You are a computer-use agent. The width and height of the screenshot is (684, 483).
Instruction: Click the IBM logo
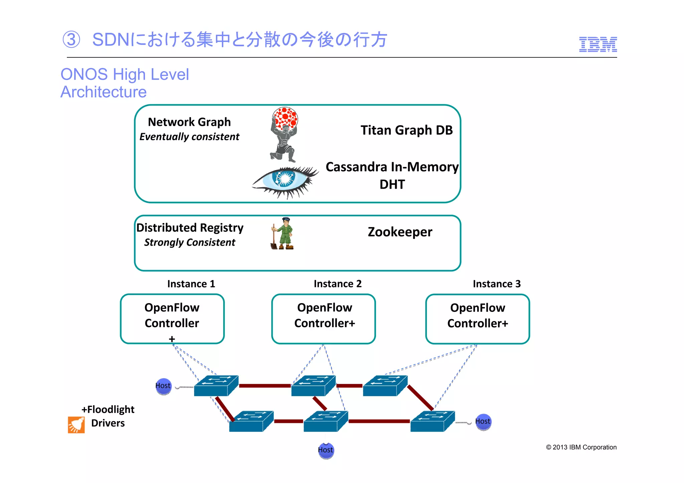pos(597,44)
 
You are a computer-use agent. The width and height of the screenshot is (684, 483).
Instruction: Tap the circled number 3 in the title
pos(71,40)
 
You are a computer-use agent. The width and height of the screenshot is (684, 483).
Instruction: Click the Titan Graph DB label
pos(406,130)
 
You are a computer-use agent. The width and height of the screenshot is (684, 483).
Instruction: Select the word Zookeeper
pos(400,232)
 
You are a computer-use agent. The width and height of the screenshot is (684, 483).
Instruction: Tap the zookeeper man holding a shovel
pos(283,234)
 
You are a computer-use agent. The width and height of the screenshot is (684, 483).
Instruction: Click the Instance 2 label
pos(337,284)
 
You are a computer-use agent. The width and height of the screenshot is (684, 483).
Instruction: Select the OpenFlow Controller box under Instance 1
pos(172,319)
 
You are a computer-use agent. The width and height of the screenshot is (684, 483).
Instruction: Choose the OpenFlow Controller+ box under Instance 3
pos(477,319)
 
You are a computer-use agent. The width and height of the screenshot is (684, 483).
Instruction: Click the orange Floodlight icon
pos(76,425)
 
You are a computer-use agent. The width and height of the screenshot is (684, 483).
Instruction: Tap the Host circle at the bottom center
pos(326,450)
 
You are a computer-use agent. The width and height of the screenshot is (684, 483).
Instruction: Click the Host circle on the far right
pos(483,422)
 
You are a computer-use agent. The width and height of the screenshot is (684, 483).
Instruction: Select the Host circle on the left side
pos(163,386)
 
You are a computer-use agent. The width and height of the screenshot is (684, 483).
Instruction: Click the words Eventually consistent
pos(189,137)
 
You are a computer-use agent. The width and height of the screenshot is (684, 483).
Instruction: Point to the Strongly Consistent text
pos(189,242)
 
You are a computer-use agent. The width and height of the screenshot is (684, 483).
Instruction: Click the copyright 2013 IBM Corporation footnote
pos(581,447)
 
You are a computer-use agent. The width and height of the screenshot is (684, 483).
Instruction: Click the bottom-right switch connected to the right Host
pos(432,422)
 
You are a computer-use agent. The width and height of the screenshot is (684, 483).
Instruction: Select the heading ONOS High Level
pos(125,74)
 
